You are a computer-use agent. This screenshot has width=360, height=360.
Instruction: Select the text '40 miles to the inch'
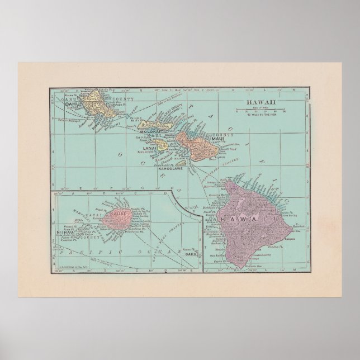tap(256, 116)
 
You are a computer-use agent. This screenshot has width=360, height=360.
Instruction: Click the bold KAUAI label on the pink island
tap(119, 214)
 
